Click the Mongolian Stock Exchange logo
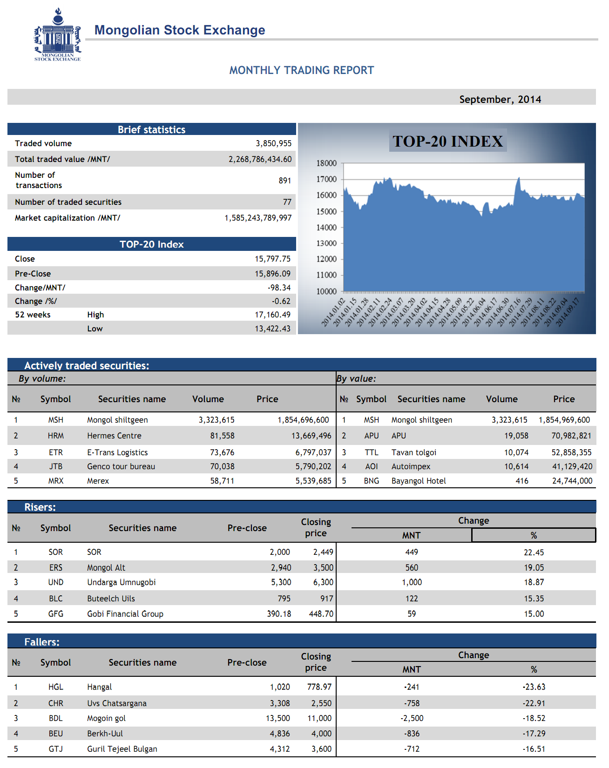[58, 35]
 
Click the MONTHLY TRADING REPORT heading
[302, 70]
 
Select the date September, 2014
[500, 99]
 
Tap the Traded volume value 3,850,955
[273, 143]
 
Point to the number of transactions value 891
[285, 181]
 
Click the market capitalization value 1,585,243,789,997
[258, 218]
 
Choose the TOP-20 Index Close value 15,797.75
[272, 259]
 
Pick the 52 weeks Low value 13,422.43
[272, 329]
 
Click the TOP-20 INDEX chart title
[447, 141]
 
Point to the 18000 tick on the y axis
[326, 163]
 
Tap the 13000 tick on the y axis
[326, 243]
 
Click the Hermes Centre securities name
[114, 436]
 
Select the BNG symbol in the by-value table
[371, 481]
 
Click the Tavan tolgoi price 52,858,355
[571, 452]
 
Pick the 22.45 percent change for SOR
[534, 552]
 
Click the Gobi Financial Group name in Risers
[125, 614]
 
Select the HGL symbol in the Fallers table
[55, 687]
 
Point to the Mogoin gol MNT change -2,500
[412, 718]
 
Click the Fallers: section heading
[42, 642]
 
